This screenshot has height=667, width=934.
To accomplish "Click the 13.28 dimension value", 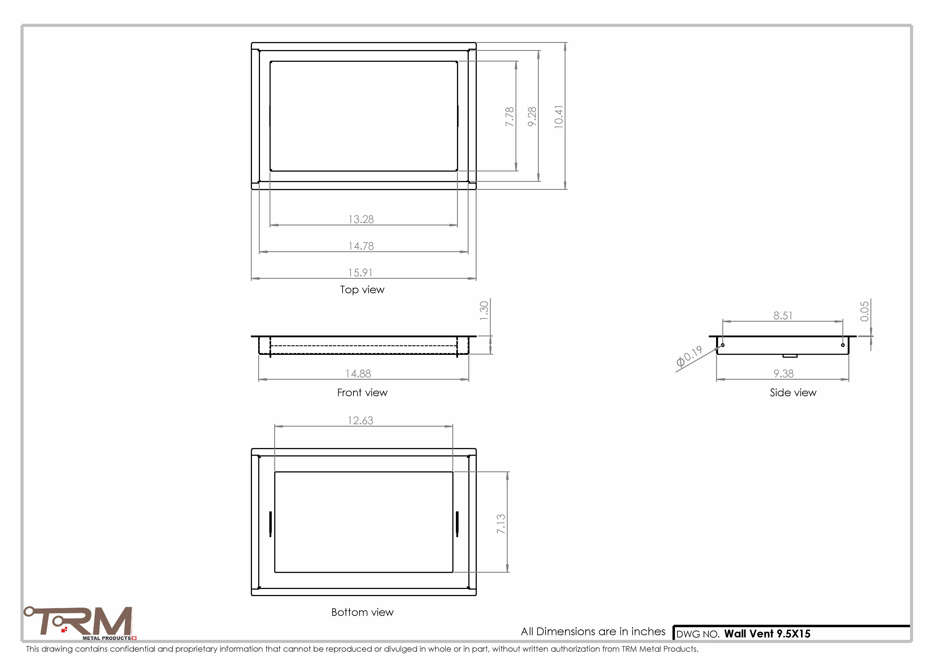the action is point(361,219).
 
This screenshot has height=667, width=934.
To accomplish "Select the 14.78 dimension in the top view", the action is point(361,246).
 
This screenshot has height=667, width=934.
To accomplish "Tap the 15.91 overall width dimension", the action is point(360,273).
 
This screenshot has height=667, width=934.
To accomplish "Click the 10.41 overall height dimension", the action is point(559,117).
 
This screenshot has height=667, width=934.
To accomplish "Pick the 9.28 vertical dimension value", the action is point(532,117).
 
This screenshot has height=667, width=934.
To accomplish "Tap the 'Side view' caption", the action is point(793,393).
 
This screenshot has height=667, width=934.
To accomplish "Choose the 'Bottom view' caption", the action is point(362,612).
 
